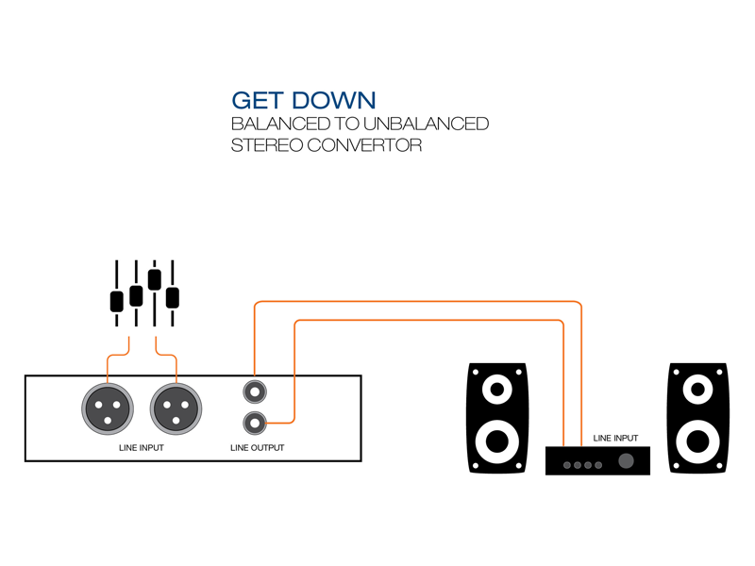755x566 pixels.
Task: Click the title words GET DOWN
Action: click(x=304, y=101)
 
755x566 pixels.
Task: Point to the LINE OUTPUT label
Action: click(x=257, y=447)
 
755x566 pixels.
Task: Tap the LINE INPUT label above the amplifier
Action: click(x=615, y=438)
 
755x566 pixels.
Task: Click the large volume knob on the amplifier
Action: click(x=626, y=461)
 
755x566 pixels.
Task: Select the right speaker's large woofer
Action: click(x=699, y=440)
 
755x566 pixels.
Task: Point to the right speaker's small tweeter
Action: click(x=699, y=388)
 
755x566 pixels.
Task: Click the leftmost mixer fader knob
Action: click(x=117, y=301)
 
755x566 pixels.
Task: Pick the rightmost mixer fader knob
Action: click(x=173, y=297)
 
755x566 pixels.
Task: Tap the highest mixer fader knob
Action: click(x=155, y=278)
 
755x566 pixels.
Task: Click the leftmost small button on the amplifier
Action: click(x=565, y=465)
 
